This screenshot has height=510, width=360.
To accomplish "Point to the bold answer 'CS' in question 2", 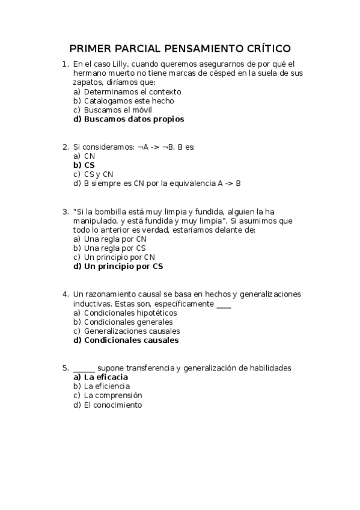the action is [x=89, y=165].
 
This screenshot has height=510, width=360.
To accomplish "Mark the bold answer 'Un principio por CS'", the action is [x=123, y=266].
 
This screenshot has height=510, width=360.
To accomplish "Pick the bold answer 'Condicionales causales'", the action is [x=131, y=340].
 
